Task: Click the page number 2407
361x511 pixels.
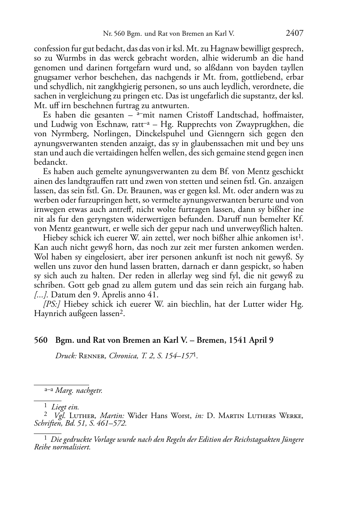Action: click(x=294, y=34)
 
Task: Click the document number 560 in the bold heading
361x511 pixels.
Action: click(x=41, y=340)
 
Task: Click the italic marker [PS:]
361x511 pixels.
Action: click(x=52, y=304)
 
